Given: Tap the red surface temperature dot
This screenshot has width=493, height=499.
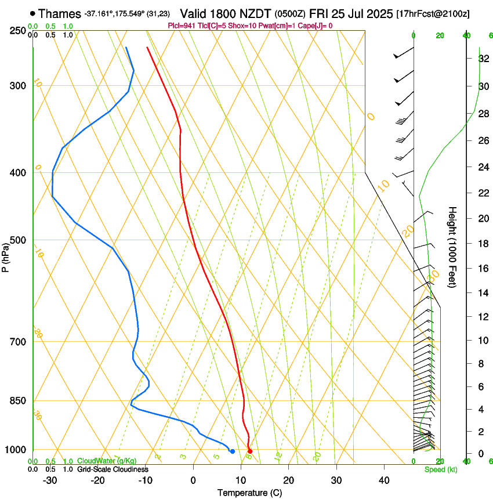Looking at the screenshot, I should point(250,451).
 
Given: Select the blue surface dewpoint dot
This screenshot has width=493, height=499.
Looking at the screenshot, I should point(233,451).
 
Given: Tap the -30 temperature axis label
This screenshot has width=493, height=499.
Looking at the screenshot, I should point(50,480).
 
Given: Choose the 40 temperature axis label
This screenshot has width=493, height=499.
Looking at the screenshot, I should point(384,480).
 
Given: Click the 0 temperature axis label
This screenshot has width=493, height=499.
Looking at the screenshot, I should point(193,480).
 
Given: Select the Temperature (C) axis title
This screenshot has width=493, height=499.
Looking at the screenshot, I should point(249,493).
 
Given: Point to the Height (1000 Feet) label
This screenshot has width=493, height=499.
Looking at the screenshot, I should point(452,247).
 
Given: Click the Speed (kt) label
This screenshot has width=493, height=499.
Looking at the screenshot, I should point(441,469).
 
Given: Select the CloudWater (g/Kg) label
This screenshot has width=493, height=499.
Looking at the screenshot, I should point(107,461).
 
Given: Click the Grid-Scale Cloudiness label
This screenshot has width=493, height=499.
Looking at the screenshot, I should point(113,469).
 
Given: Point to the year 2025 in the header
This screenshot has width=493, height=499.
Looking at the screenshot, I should point(377,13).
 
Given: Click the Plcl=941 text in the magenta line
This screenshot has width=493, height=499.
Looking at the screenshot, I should point(180,26).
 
